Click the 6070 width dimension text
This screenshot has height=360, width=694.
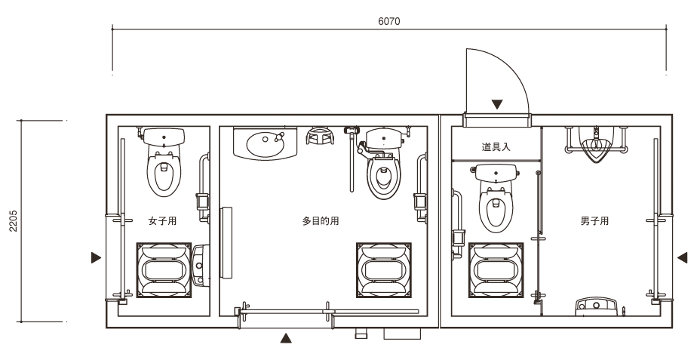coord(389,21)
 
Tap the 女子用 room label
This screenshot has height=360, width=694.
coord(162,221)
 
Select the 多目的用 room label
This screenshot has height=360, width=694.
coord(321,221)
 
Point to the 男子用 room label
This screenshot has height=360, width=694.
coord(594,221)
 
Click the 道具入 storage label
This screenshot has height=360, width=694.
coord(496,146)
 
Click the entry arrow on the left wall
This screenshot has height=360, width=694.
coord(96,257)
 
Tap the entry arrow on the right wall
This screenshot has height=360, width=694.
coord(682,257)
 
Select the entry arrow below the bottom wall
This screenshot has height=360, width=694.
coord(285,338)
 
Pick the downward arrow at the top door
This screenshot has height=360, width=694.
coord(497,103)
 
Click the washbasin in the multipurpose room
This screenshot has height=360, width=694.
coord(264,143)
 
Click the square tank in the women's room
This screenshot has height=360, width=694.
coord(164,269)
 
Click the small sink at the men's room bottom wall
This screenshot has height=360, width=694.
coord(597,306)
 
